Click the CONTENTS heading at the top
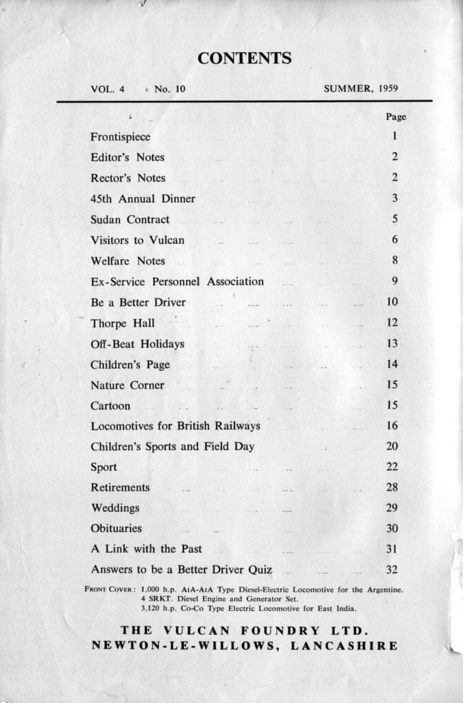(x=244, y=58)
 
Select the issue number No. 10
(x=170, y=89)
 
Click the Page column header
(x=396, y=117)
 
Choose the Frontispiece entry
(x=120, y=137)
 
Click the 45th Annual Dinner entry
(x=143, y=199)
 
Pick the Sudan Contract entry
(x=130, y=220)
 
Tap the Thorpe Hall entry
(x=122, y=323)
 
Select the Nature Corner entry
(x=127, y=385)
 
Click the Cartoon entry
(x=110, y=406)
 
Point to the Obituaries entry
(x=116, y=529)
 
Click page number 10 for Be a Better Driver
(x=393, y=302)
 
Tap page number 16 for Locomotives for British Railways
(x=393, y=426)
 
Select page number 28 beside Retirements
(x=392, y=488)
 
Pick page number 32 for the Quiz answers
(x=392, y=570)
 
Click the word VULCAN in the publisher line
(x=202, y=631)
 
